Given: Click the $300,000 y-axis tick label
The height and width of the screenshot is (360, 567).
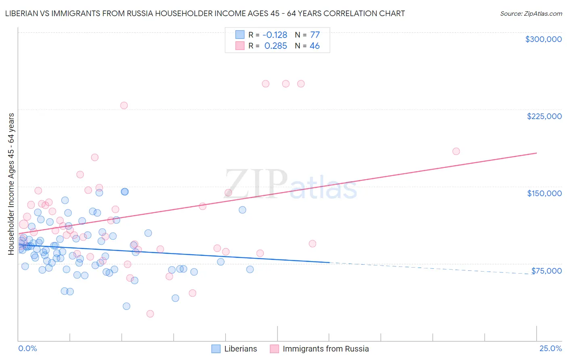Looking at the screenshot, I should [543, 39].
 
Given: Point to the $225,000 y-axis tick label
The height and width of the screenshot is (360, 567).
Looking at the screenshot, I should [544, 116].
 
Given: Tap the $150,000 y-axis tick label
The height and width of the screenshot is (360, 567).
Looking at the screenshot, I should [544, 193].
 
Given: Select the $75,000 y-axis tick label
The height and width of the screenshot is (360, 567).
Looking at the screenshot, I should [546, 271].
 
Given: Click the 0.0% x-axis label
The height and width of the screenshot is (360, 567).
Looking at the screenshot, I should [27, 349].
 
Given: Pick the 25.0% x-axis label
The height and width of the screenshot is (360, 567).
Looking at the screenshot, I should [550, 349].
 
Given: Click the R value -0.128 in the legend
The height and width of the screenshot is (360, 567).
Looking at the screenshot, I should [275, 35].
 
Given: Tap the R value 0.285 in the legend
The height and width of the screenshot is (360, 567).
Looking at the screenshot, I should [275, 46].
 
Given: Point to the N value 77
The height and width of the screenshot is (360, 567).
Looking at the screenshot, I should [315, 35].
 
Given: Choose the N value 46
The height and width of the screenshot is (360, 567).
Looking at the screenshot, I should [315, 46].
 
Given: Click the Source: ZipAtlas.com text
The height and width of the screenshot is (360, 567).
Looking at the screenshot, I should [531, 14].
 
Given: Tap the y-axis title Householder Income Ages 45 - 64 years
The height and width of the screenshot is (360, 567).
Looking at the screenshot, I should [11, 184].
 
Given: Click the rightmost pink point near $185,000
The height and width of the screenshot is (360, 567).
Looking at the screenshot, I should [456, 151].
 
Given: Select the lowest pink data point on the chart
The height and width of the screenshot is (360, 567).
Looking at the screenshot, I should [150, 314].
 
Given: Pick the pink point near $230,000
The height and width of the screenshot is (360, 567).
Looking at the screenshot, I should [124, 105].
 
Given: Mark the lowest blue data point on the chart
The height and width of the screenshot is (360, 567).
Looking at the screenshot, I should [126, 306].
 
